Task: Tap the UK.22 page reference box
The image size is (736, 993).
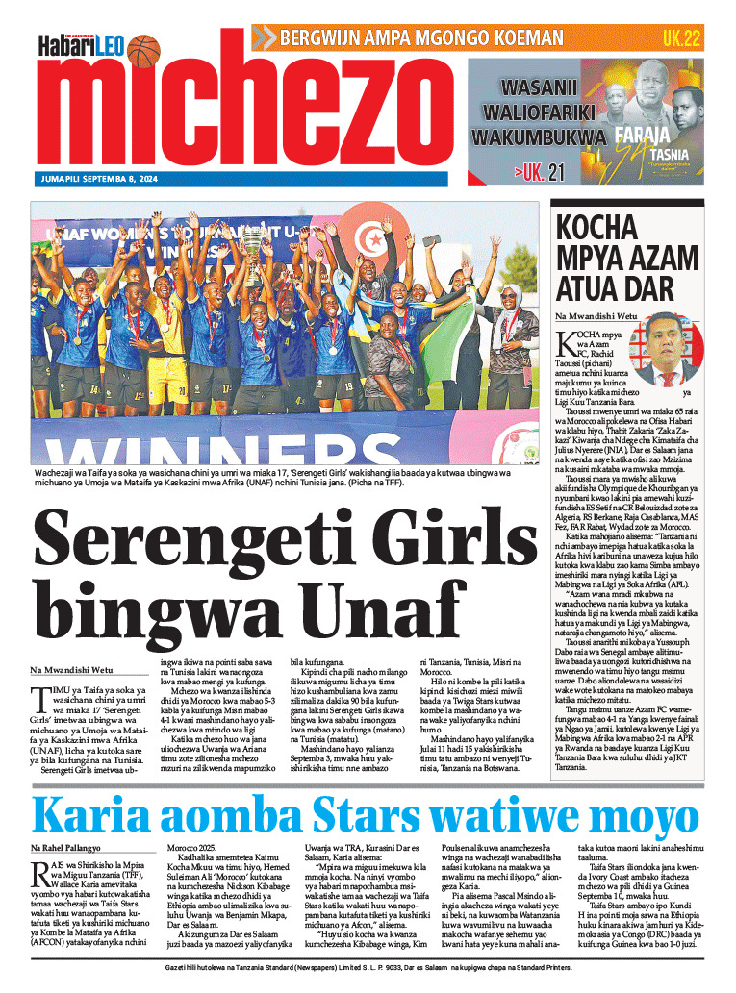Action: (x=679, y=38)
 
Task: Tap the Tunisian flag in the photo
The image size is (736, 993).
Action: (x=368, y=238)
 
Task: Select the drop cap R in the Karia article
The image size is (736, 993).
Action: (x=39, y=872)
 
